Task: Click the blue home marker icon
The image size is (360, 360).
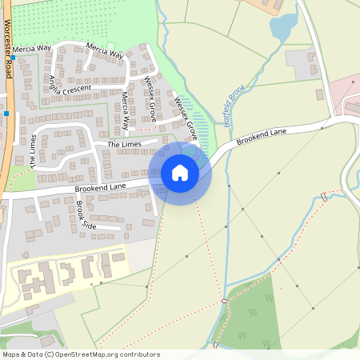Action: click(180, 172)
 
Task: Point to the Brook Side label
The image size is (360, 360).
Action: click(86, 214)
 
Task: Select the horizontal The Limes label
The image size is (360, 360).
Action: click(124, 143)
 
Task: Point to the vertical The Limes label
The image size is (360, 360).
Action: click(32, 150)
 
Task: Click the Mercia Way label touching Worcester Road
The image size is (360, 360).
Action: click(31, 48)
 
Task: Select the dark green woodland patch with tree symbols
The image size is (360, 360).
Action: click(248, 320)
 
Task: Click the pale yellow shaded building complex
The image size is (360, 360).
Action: click(64, 276)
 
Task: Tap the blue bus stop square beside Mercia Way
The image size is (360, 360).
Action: click(14, 58)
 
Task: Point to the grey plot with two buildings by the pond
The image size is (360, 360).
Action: click(302, 60)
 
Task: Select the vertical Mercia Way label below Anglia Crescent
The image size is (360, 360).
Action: click(126, 112)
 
